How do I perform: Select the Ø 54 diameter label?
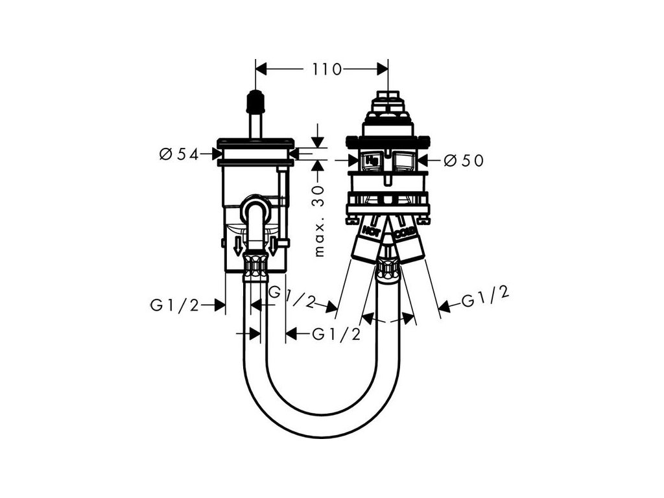click(178, 154)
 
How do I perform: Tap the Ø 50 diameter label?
click(464, 161)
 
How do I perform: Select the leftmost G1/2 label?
click(174, 305)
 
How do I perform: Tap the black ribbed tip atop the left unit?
click(256, 102)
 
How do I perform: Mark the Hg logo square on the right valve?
click(373, 160)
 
